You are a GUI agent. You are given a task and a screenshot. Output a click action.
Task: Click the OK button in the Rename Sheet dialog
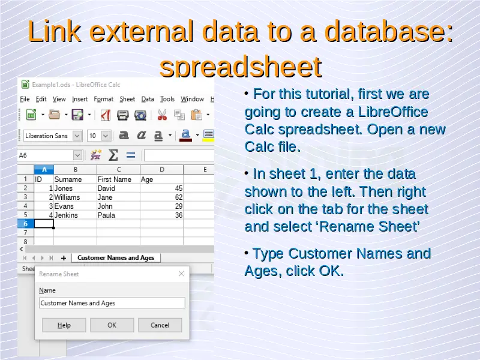(x=112, y=325)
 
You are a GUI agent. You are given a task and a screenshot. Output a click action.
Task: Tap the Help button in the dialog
(x=64, y=325)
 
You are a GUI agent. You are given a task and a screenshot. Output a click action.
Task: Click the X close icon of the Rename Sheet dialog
(x=181, y=274)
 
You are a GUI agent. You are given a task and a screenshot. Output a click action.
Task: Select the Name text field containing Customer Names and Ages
(x=112, y=303)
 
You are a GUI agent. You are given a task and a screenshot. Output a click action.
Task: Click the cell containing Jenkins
(x=76, y=215)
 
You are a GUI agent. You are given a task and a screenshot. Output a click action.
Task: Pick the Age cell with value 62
(x=161, y=197)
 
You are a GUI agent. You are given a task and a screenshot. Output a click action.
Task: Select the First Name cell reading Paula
(x=118, y=215)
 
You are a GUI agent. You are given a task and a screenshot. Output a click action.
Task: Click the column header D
(x=161, y=169)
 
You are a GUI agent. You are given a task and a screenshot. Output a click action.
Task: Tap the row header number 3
(x=25, y=197)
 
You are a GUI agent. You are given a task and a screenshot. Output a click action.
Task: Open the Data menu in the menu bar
(x=148, y=99)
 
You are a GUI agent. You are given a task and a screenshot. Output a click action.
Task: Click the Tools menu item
(x=167, y=99)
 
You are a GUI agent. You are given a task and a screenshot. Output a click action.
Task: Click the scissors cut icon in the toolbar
(x=162, y=115)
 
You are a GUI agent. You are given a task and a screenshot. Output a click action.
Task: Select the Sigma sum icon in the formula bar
(x=113, y=155)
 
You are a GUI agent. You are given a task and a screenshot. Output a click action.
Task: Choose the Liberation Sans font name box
(x=52, y=136)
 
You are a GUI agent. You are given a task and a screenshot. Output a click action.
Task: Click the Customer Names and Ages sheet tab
(x=116, y=258)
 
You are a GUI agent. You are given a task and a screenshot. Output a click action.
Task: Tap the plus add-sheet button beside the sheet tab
(x=64, y=258)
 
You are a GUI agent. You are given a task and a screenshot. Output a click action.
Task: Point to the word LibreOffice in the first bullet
(x=393, y=112)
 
